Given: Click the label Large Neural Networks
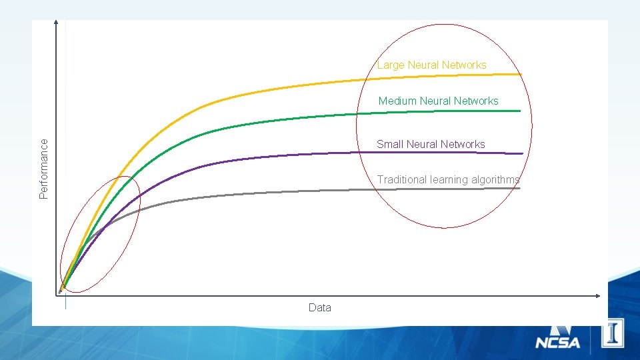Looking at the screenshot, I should coord(431,65).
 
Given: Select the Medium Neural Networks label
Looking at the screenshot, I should coord(438,101).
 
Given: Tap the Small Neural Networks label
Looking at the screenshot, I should coord(431,144).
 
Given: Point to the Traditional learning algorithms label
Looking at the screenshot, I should coord(448,179).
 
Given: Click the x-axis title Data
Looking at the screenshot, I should coord(319,307).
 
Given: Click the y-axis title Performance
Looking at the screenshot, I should coord(44,168).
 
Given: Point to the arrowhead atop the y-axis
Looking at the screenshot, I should coord(57,23).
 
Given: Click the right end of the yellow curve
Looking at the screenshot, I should coord(521,74).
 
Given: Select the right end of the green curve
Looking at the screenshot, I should coord(519,111).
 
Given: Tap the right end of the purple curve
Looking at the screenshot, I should coord(521,154).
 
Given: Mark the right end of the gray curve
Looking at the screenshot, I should coord(519,189).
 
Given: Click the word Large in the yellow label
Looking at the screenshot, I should coord(391,65).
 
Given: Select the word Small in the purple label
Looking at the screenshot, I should coord(389,144).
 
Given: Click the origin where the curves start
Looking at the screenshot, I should coord(61,290).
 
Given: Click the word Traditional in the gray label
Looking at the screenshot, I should coord(402,179).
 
